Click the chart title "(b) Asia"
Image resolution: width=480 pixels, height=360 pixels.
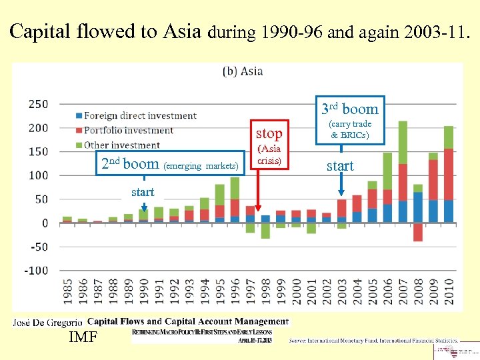(243, 71)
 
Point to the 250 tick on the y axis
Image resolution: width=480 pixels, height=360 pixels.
(37, 104)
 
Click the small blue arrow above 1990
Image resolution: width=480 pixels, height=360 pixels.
(143, 207)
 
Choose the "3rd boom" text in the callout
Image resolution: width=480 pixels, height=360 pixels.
(349, 109)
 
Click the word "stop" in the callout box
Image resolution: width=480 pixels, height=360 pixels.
(269, 133)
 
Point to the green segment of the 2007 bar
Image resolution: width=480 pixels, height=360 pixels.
(403, 160)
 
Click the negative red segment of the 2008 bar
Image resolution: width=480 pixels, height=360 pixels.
(418, 232)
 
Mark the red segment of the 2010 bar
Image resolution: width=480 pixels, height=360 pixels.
(449, 174)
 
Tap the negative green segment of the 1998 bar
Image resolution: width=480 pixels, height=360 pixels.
(265, 230)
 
